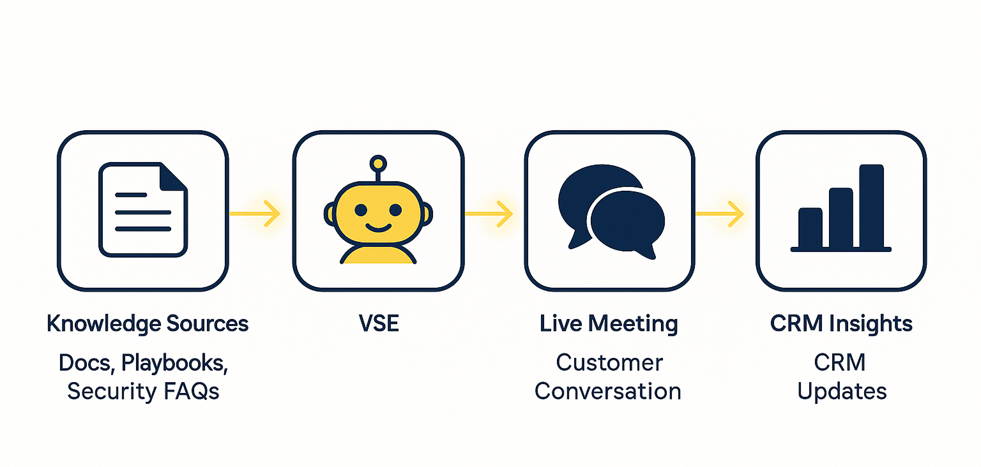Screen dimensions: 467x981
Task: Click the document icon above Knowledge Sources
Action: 142,210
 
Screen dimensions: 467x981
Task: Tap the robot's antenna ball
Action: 378,163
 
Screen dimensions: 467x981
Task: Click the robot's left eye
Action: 361,210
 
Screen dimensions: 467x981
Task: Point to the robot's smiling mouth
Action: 378,226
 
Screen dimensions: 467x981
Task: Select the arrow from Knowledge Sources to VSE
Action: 255,213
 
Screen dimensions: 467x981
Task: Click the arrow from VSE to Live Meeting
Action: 489,213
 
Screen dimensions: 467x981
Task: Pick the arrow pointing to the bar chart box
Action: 720,213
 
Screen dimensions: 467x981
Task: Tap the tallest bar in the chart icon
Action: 871,206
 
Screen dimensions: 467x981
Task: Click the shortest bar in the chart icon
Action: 810,228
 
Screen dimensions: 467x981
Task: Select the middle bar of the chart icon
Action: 840,218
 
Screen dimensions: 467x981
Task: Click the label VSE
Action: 378,323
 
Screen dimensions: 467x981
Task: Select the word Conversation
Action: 607,390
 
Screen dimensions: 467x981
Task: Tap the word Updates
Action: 842,390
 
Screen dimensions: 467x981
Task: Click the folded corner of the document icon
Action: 173,177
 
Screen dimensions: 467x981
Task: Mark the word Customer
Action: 609,362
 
